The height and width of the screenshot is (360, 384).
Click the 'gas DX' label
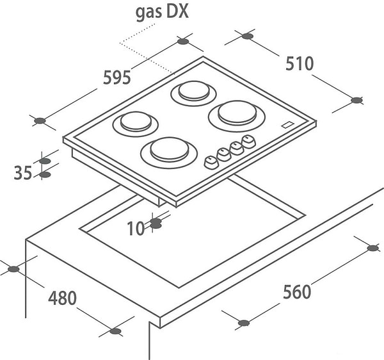pyautogui.click(x=162, y=13)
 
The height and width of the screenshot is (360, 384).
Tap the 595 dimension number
pyautogui.click(x=117, y=78)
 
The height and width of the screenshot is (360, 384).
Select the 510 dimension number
pyautogui.click(x=300, y=63)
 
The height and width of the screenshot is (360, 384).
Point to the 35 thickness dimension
pyautogui.click(x=23, y=172)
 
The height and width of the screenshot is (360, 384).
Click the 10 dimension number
pyautogui.click(x=136, y=229)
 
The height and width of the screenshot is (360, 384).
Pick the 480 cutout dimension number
pyautogui.click(x=62, y=298)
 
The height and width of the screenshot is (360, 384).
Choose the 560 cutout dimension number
pyautogui.click(x=297, y=291)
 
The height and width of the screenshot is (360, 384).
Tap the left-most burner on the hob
pyautogui.click(x=136, y=124)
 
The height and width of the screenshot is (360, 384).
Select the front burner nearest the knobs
pyautogui.click(x=169, y=152)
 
